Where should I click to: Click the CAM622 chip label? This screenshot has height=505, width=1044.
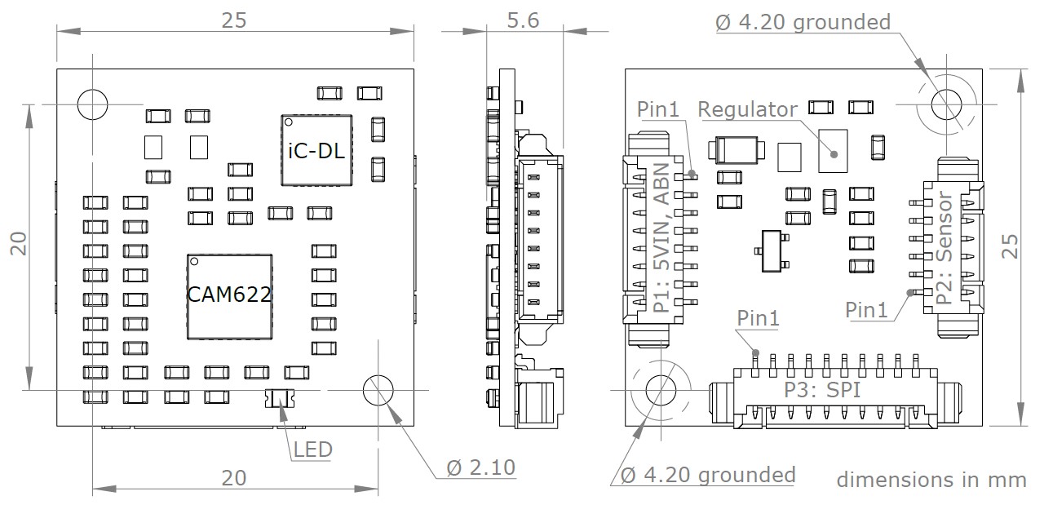pos(229,295)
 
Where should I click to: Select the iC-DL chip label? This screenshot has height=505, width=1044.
pos(317,150)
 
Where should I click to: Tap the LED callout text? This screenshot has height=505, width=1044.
pos(312,449)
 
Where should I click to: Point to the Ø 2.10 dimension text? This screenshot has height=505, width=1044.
pos(481,467)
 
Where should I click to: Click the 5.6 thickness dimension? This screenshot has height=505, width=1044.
pos(522,20)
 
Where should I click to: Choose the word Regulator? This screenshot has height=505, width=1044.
pos(748,109)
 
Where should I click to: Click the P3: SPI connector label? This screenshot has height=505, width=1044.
pos(823,390)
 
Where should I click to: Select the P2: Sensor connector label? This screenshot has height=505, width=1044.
pos(944,248)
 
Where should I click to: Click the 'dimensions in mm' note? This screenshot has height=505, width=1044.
pos(931,479)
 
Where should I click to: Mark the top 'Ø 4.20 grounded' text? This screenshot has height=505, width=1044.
pos(803,22)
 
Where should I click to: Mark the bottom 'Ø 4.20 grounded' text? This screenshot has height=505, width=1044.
pos(708,474)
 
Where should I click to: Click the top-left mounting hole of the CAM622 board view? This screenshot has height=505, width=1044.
pos(93,104)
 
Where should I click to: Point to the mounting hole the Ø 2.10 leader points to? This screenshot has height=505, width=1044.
pos(378,390)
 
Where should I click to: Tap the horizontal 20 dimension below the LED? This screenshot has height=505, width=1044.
pos(235,478)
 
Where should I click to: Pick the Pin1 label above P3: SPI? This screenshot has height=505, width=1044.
pos(758,318)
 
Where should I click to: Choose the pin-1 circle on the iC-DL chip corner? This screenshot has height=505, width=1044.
pos(288,122)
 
